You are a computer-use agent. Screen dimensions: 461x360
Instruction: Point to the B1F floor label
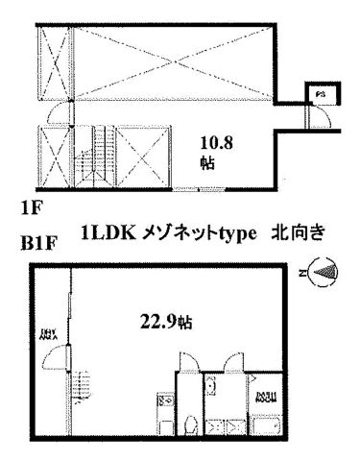coord(36,244)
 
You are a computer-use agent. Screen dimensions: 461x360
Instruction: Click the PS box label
coord(322,94)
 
